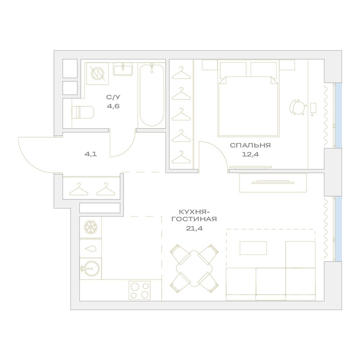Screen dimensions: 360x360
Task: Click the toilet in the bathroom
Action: [83, 112]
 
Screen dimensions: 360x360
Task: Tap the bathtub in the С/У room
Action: [152, 95]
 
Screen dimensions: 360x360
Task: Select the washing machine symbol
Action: [98, 73]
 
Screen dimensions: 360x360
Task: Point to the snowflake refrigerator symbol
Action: [91, 227]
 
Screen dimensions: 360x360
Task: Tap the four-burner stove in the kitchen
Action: [140, 290]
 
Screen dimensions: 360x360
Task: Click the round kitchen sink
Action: [90, 269]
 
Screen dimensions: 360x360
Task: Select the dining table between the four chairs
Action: [194, 268]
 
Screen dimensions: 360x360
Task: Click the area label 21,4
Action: [194, 229]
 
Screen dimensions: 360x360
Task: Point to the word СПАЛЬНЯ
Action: [250, 145]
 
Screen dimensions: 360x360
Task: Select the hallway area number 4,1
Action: [91, 154]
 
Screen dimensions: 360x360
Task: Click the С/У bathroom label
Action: [113, 97]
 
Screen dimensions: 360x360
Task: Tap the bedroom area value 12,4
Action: [250, 154]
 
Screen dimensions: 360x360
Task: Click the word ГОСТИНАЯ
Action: [194, 219]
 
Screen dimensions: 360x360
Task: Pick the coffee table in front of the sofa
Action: [253, 248]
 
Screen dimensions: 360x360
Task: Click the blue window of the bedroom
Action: [338, 116]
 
